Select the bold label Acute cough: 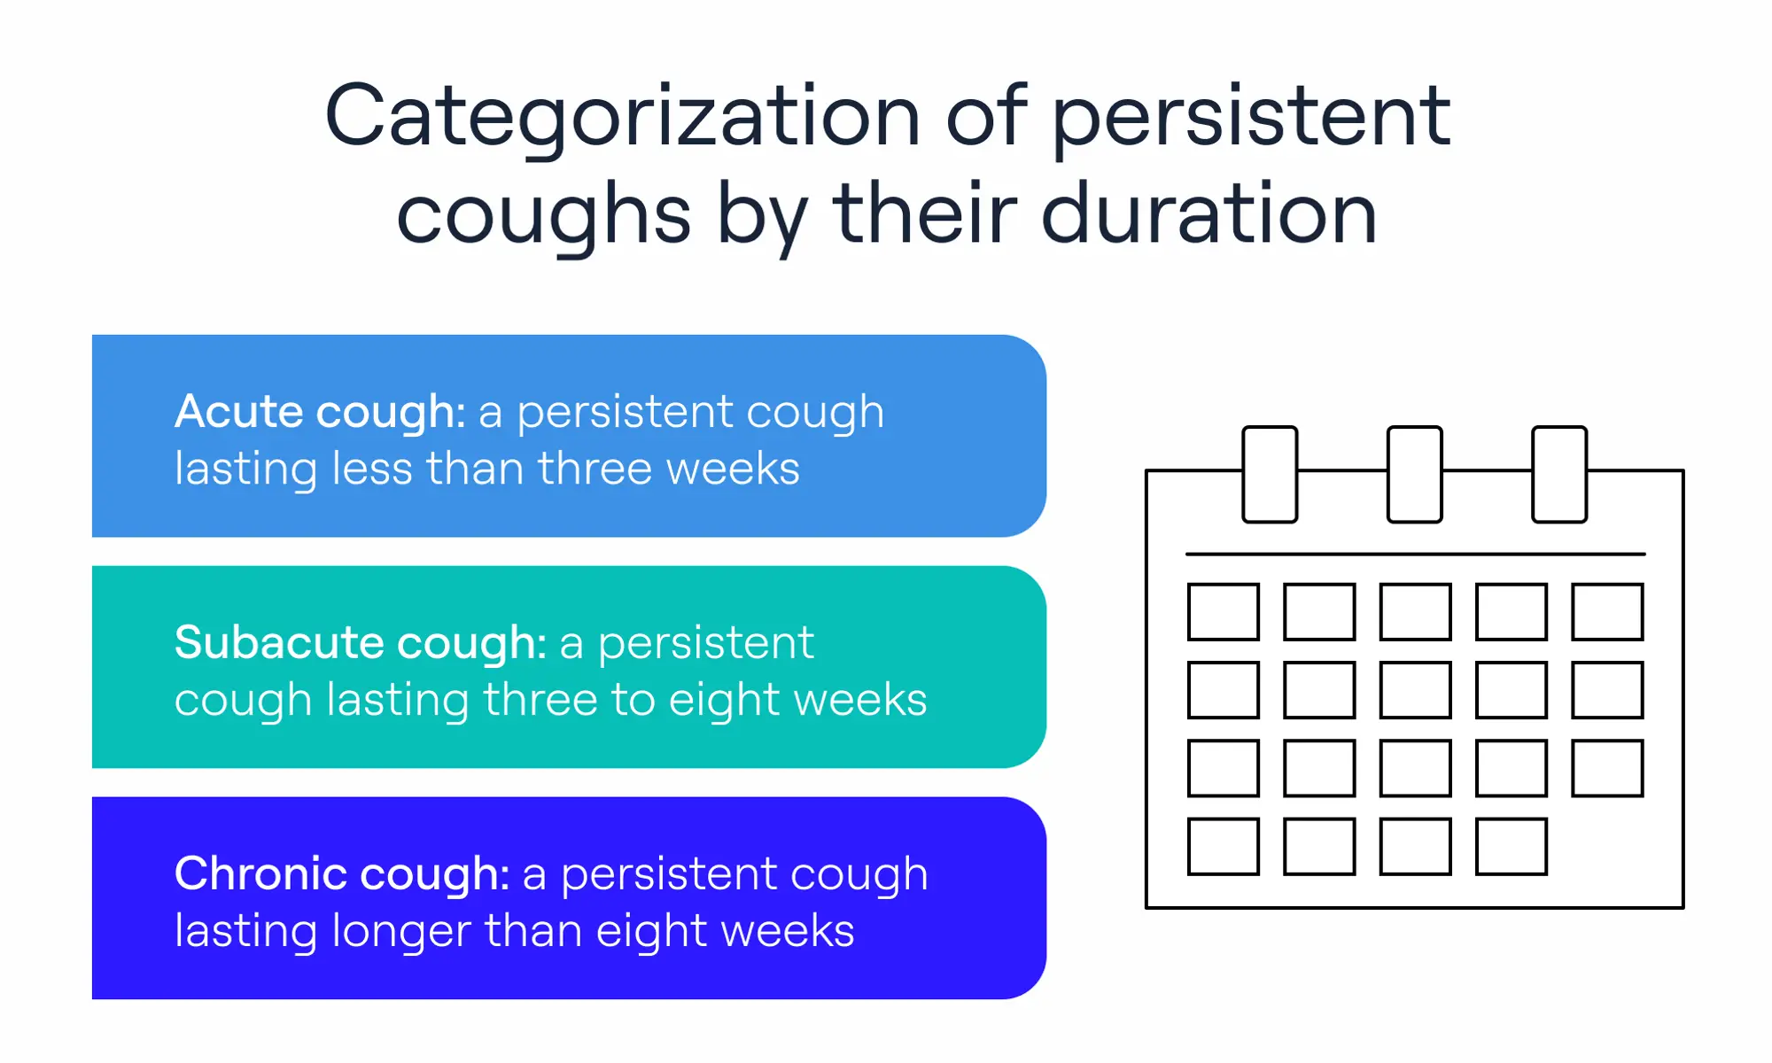[x=320, y=412]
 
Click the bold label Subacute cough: [x=360, y=643]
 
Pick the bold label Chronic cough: [x=341, y=874]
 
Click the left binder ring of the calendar [x=1270, y=475]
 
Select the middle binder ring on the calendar [x=1414, y=475]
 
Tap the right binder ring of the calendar [x=1559, y=475]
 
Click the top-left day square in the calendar [x=1223, y=611]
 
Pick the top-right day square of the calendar [x=1607, y=611]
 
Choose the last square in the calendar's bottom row [x=1511, y=847]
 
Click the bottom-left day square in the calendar [x=1223, y=847]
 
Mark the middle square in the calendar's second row [x=1415, y=690]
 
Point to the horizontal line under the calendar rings [x=1415, y=555]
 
